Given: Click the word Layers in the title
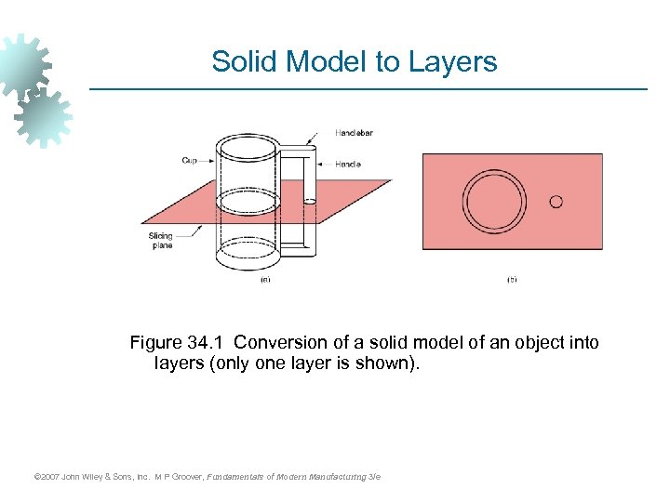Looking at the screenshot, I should (450, 62).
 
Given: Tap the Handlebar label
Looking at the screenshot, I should (354, 134).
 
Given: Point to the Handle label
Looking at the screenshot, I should (348, 165).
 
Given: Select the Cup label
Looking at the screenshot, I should (190, 161).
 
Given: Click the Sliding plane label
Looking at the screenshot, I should (160, 241).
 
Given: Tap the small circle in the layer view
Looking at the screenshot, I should (556, 201).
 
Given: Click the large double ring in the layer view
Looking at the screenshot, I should (495, 202).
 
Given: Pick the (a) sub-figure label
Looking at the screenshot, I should (265, 279).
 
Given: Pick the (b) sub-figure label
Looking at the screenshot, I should (511, 279).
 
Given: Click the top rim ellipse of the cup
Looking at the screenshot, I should (247, 147).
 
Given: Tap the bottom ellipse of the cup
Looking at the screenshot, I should (247, 253).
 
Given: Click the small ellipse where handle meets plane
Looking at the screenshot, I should (310, 200).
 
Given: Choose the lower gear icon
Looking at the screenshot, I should (44, 117).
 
